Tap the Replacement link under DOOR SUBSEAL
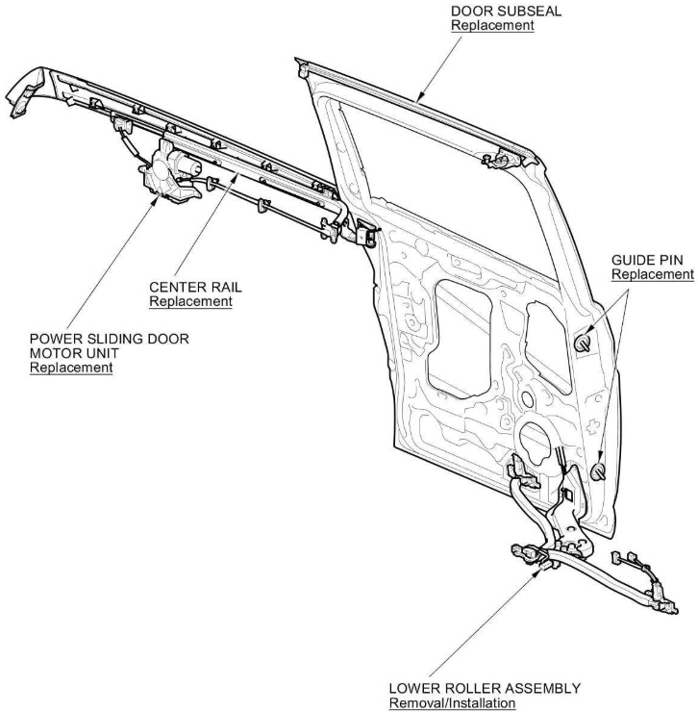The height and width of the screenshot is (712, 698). pyautogui.click(x=492, y=25)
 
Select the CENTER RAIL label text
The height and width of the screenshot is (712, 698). pyautogui.click(x=190, y=288)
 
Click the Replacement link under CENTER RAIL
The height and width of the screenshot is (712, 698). pyautogui.click(x=190, y=302)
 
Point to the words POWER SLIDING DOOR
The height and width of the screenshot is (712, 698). pyautogui.click(x=110, y=338)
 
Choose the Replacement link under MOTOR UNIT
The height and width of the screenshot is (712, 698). pyautogui.click(x=71, y=368)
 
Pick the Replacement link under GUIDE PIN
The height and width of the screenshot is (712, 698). pyautogui.click(x=652, y=275)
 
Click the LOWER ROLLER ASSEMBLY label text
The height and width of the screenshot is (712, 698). pyautogui.click(x=485, y=689)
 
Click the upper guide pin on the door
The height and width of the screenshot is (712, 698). pyautogui.click(x=585, y=340)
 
